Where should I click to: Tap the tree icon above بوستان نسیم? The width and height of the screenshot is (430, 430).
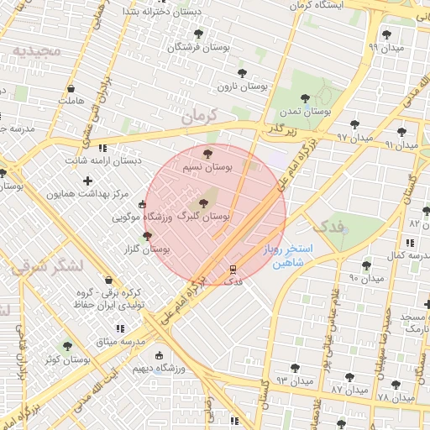coord(208,153)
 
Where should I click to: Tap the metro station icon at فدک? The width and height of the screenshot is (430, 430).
coord(234,270)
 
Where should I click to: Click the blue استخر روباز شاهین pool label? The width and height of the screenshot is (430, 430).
coord(287,255)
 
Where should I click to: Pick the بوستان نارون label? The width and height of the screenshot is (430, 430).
coord(243,86)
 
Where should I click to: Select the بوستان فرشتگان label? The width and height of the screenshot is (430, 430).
coord(197,48)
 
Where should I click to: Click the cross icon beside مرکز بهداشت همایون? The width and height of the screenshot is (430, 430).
coord(88,181)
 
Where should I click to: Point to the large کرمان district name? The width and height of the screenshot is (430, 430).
coord(198,116)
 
